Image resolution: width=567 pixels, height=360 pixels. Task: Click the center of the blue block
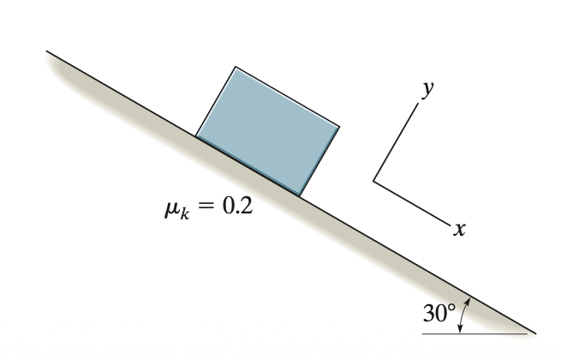[267, 131]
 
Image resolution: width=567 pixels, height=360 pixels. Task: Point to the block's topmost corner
[236, 67]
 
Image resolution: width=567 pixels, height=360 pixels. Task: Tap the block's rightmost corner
[339, 127]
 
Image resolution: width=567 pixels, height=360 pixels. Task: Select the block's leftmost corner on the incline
[196, 136]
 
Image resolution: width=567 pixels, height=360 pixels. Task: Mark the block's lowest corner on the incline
[300, 195]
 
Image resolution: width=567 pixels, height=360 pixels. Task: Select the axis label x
[459, 229]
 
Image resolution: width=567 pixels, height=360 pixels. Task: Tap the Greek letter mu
[171, 209]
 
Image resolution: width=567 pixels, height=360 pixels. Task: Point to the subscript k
[184, 214]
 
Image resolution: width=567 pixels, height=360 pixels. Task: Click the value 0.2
[237, 207]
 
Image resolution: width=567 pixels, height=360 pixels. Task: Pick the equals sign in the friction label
[206, 207]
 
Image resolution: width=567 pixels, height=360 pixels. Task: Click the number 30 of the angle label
[434, 313]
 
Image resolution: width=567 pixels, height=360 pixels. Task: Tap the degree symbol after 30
[451, 309]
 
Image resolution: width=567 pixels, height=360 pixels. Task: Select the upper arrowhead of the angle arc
[468, 301]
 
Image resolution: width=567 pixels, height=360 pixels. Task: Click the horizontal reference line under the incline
[474, 333]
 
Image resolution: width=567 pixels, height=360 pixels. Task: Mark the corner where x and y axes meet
[373, 181]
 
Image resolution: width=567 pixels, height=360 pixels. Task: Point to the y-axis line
[396, 141]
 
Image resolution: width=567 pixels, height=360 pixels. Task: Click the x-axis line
[412, 202]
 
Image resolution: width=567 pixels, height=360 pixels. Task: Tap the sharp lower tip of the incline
[536, 333]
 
